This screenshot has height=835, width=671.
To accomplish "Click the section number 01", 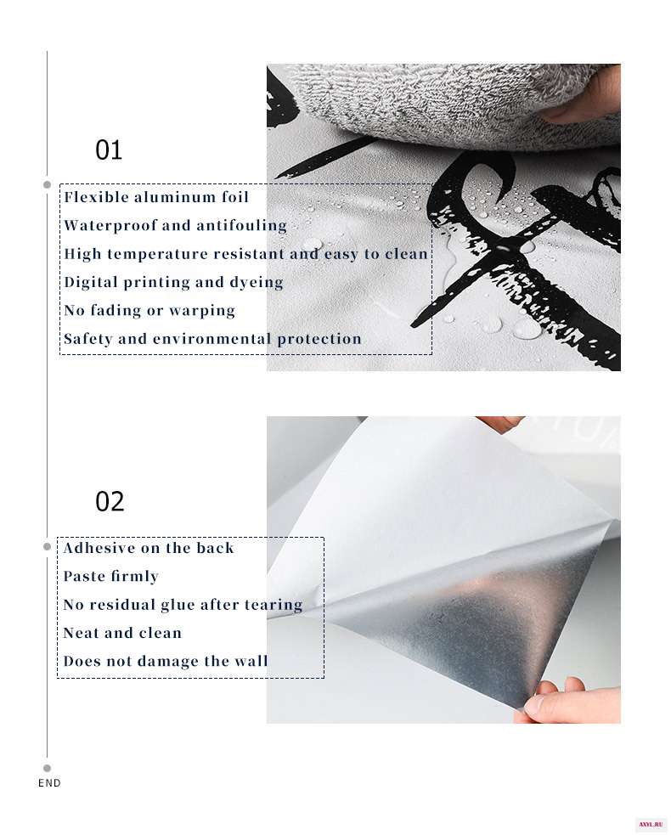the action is tap(109, 150).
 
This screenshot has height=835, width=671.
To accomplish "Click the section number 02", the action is tap(110, 502).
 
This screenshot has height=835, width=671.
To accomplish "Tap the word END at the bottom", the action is tap(49, 783).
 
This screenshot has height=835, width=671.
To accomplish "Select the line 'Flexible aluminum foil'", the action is tap(156, 197).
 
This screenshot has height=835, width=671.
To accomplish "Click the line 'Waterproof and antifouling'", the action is tap(175, 225).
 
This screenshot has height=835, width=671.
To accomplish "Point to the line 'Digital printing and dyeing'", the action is tap(173, 282).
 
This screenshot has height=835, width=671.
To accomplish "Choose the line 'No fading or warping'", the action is tap(149, 310).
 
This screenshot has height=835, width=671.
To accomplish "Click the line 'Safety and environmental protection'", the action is tap(212, 339).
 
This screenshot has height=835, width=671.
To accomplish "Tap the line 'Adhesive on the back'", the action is tap(149, 548).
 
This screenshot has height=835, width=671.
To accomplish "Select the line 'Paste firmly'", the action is tap(110, 576).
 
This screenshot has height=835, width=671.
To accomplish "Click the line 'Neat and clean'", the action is tap(122, 633).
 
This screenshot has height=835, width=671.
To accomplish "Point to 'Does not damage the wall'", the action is tap(166, 661).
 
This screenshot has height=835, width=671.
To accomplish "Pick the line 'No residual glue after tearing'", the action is tap(183, 605).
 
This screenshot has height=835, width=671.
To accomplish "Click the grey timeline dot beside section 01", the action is tap(47, 184).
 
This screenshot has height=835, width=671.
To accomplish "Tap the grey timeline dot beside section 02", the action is tap(47, 546).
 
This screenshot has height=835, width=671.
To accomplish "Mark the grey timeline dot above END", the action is tap(47, 768).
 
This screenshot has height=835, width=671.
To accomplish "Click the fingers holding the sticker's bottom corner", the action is tap(569, 702).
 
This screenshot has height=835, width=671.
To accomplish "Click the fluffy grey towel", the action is tap(453, 104).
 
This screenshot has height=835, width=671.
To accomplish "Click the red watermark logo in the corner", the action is tap(653, 824).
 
